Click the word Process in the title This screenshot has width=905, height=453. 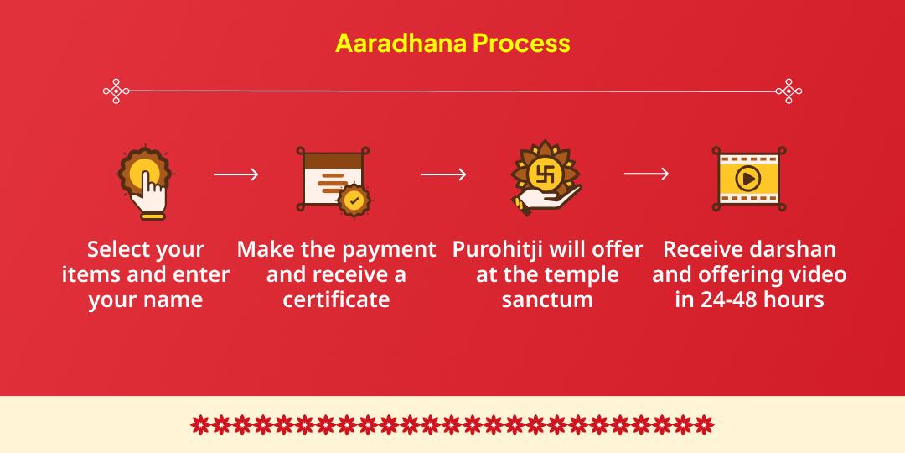521,43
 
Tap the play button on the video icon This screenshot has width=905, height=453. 747,178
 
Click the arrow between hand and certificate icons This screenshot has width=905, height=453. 235,174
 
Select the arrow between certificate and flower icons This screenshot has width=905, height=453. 443,174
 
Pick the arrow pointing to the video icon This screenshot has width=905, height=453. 646,174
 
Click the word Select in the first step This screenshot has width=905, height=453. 121,249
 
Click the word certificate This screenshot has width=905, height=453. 336,299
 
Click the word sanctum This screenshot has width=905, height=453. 547,299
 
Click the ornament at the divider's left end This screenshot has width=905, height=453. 115,91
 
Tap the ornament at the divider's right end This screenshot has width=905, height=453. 789,91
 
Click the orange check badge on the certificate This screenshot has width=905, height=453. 354,201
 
